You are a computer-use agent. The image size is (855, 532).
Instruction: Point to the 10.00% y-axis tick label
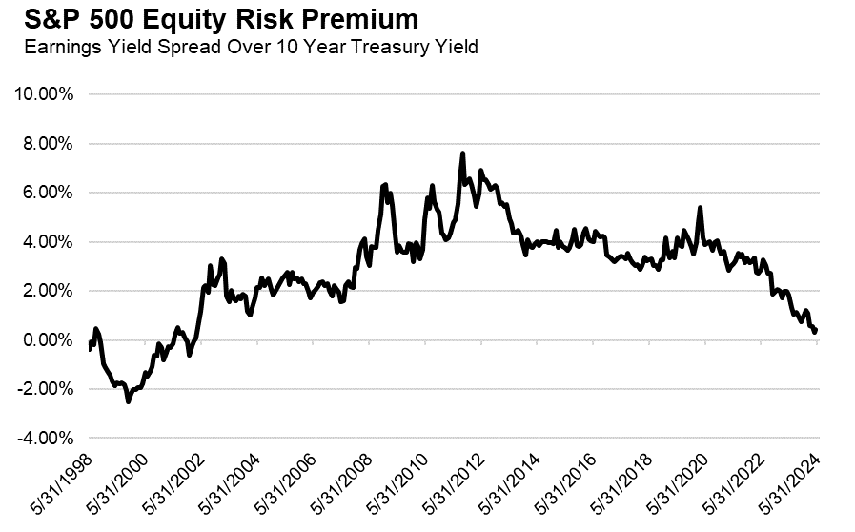[45, 94]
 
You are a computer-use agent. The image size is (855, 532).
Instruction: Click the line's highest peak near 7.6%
[462, 153]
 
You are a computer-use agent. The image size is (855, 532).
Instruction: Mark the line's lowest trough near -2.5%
[129, 401]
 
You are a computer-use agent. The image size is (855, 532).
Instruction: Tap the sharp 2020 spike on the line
[701, 208]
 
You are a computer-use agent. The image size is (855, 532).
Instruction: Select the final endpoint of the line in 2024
[817, 329]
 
